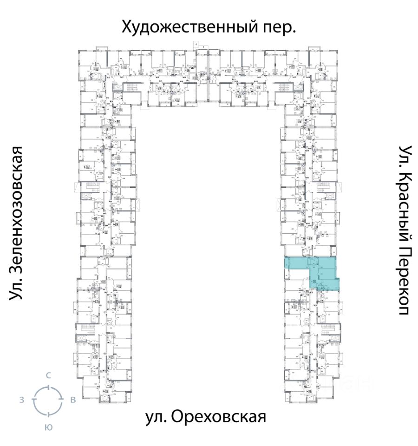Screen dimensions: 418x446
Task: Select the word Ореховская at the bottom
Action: (x=219, y=417)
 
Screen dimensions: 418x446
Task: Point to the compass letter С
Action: (x=48, y=375)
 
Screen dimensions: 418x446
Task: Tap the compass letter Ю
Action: (x=48, y=428)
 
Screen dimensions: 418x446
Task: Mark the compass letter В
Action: (x=73, y=400)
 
